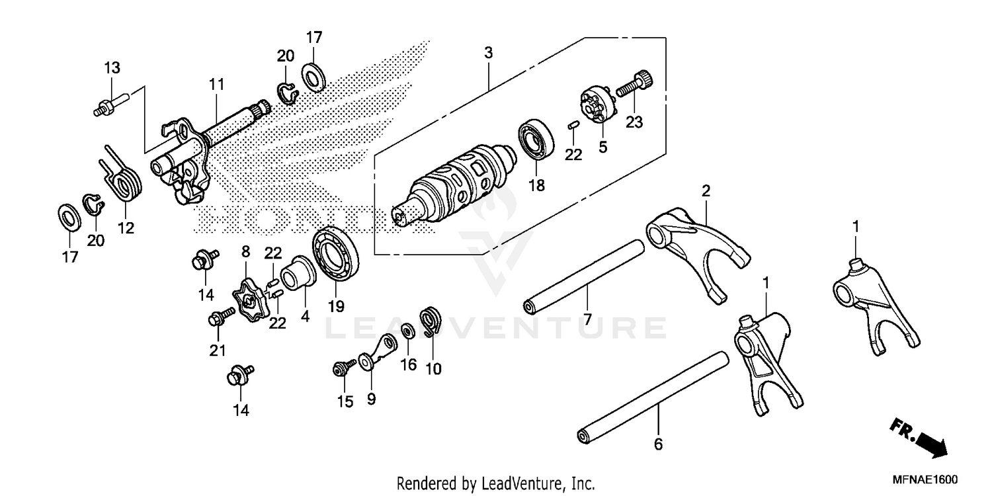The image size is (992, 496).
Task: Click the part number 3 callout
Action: click(488, 53)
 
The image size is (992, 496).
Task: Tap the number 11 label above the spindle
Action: click(216, 85)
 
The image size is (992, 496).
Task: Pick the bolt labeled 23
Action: click(633, 84)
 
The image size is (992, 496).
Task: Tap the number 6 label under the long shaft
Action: click(657, 444)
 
